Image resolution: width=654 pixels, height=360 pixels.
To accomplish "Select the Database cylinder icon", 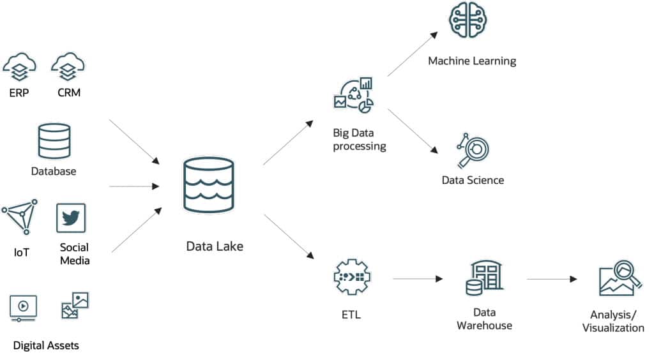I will click(54, 141).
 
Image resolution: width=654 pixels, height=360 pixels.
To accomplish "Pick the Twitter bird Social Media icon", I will click(71, 218).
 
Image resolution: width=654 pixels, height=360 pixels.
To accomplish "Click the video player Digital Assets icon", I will click(23, 307).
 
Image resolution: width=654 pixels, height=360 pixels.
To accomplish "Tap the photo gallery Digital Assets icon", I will click(74, 305).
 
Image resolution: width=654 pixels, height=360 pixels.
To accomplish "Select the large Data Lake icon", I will click(208, 185).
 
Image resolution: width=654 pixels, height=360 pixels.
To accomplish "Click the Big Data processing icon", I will click(353, 94).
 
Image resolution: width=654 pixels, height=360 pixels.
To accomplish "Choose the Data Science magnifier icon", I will click(473, 151).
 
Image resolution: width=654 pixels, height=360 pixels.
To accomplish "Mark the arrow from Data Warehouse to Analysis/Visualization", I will click(552, 279).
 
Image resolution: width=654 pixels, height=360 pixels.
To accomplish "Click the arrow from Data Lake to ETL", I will click(289, 236).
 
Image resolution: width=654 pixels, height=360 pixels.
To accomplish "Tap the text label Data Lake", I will click(215, 246).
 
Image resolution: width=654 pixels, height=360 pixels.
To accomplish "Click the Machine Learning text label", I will click(472, 61).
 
